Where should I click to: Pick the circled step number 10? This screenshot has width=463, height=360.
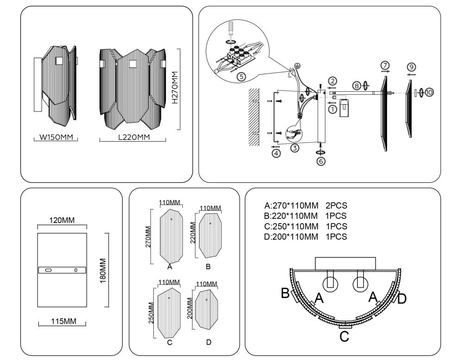[x=429, y=93]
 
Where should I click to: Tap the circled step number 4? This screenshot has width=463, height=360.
[x=276, y=153]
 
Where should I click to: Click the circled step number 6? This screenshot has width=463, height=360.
[x=320, y=161]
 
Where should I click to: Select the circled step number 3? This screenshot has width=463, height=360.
[x=294, y=148]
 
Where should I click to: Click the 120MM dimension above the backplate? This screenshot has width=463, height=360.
[x=62, y=220]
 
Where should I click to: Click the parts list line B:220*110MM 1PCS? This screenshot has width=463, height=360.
[x=305, y=216]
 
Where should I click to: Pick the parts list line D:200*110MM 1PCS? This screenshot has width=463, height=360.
[x=305, y=237]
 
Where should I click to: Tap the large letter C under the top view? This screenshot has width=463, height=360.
[x=344, y=336]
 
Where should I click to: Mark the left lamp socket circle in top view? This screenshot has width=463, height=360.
[x=330, y=284]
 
